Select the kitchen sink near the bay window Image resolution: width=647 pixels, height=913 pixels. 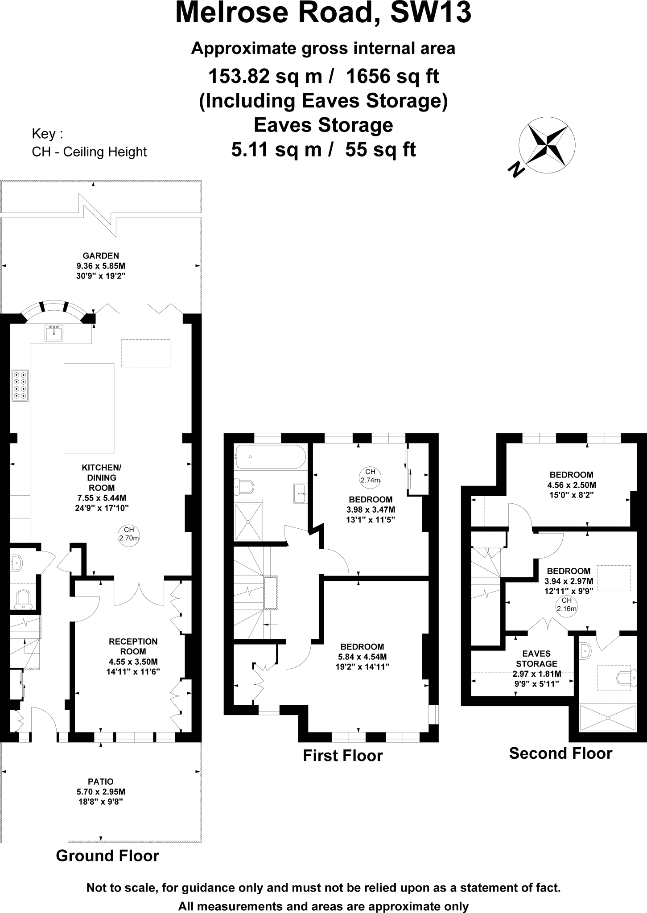[54, 333]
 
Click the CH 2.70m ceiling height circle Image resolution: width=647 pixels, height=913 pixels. [129, 534]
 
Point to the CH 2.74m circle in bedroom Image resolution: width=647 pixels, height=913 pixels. [370, 476]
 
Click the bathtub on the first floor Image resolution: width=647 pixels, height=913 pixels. [270, 456]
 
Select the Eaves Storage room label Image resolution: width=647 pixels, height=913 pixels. [536, 658]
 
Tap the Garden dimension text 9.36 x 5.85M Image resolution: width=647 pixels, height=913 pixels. [101, 266]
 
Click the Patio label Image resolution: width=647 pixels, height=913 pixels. [101, 781]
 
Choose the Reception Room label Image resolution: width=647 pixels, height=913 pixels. [133, 646]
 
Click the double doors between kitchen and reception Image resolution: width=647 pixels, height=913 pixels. [139, 593]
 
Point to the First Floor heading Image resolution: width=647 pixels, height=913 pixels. [342, 756]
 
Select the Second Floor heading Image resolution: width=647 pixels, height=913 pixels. [560, 753]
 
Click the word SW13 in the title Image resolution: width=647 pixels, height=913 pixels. [431, 13]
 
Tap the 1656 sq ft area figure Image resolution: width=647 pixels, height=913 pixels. [392, 77]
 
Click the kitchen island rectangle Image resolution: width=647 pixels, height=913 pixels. [89, 408]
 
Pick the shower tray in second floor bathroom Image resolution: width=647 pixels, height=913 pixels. [607, 717]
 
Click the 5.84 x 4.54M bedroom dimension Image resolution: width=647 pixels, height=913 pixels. [362, 657]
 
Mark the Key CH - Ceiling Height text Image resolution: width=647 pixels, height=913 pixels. [89, 143]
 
